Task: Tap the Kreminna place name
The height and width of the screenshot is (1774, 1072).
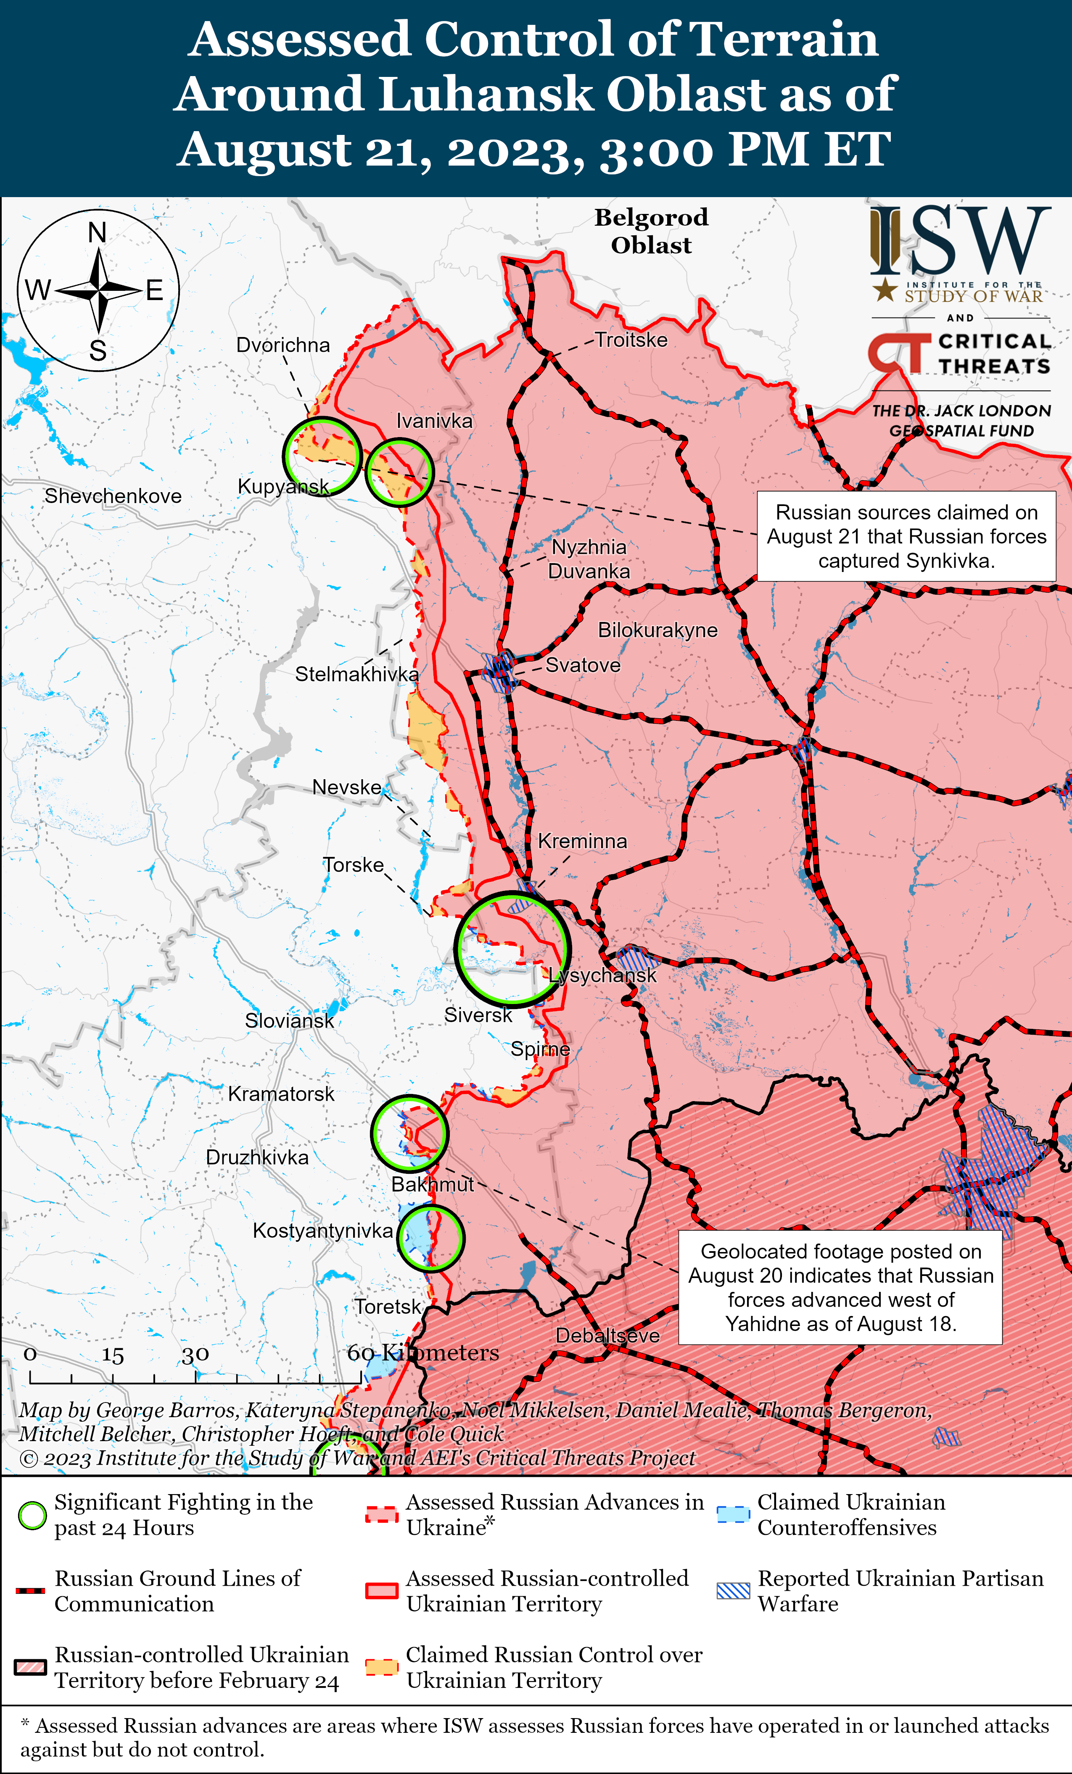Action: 582,841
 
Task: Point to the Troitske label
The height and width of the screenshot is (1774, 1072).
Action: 631,340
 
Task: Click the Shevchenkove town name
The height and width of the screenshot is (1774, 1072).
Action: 113,496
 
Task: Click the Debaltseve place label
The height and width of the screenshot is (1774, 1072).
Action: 607,1336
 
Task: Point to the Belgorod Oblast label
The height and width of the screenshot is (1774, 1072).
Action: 651,231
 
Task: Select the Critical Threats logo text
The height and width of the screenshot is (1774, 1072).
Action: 993,353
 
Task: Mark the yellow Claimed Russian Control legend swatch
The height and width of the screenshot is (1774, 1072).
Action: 382,1667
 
